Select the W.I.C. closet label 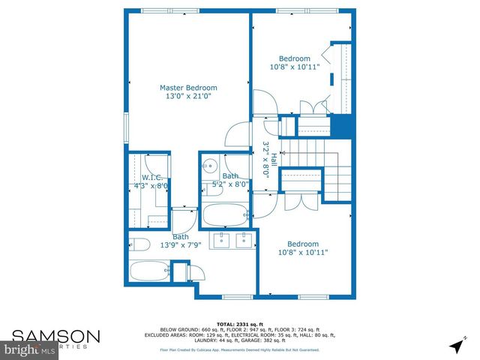148,177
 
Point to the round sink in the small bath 212,166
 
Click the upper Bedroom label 294,58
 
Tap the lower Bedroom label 303,244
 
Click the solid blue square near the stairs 341,125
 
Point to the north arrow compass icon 455,345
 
